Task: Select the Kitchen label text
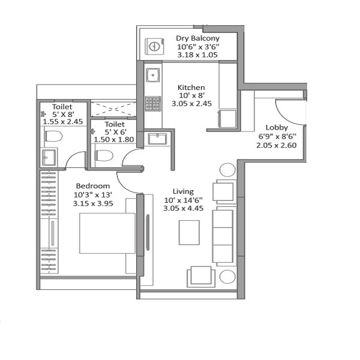tap(191, 87)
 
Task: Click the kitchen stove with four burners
tap(154, 103)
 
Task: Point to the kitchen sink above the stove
tap(153, 75)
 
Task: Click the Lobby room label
tap(277, 127)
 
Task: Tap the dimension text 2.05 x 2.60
tap(277, 145)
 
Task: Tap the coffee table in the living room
tap(190, 233)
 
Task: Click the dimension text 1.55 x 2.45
tap(62, 121)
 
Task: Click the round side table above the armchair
tap(227, 170)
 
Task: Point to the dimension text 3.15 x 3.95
tap(92, 203)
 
